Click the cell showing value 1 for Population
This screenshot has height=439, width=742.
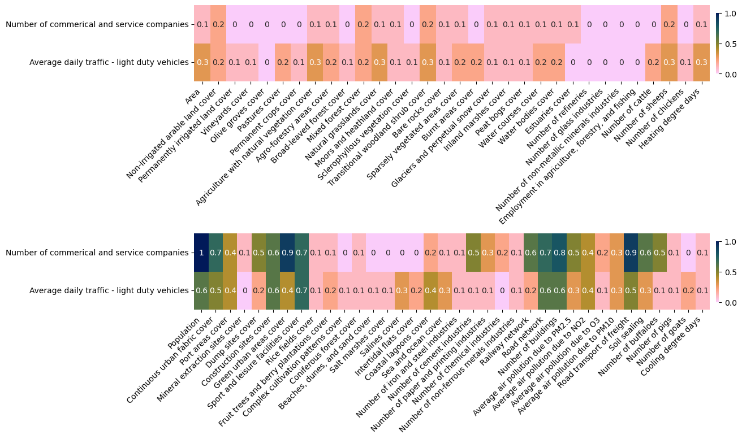click(x=201, y=253)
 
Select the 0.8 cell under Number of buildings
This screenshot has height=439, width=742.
click(x=559, y=253)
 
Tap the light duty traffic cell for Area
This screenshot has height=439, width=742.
click(x=202, y=62)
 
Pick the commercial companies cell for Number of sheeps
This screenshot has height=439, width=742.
click(x=669, y=24)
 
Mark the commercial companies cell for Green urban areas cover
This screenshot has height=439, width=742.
click(x=287, y=253)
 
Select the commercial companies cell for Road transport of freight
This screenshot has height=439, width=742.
click(x=631, y=253)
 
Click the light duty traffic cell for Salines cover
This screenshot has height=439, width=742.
click(x=402, y=290)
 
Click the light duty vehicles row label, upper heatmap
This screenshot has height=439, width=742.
click(x=109, y=62)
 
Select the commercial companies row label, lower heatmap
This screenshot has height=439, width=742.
click(x=97, y=253)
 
